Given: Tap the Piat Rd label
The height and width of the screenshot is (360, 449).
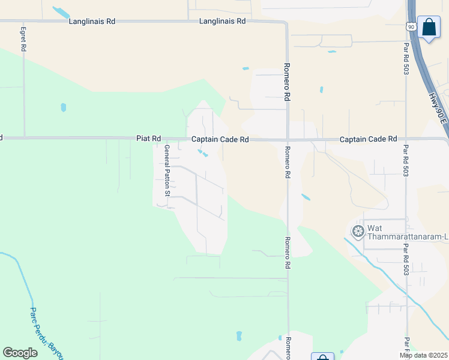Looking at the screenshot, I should click(148, 139).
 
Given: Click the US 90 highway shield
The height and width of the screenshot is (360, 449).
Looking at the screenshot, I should click(411, 27).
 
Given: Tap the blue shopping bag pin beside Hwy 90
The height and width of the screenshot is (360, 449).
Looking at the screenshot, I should click(429, 27).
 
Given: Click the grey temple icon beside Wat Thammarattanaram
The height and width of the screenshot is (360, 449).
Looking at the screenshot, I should click(358, 232).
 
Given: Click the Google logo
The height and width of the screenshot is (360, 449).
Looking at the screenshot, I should click(20, 353).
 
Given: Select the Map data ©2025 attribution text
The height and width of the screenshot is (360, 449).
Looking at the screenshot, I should click(424, 355).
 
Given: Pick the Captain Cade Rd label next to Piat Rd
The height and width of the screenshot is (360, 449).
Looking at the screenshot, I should click(220, 139).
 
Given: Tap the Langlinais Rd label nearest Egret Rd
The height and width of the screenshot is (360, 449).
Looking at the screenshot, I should click(91, 21).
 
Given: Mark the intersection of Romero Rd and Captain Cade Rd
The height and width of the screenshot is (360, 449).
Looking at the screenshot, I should click(288, 140).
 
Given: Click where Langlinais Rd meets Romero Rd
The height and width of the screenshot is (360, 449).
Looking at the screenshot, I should click(286, 22).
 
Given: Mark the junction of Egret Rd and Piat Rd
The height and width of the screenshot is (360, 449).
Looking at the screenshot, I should click(25, 137).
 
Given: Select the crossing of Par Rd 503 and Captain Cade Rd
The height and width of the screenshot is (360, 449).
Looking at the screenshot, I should click(406, 139).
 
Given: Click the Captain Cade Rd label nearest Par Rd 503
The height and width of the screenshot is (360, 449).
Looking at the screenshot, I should click(368, 139).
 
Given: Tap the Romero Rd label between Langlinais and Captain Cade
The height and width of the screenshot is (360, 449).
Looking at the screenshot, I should click(287, 82).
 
